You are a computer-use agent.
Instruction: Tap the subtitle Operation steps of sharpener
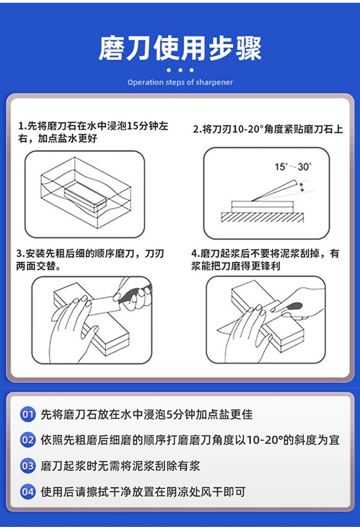tap(180, 82)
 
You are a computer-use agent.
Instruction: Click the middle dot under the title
tap(180, 70)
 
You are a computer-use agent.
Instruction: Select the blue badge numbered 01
tap(28, 414)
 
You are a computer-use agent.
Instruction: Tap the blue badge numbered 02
tap(28, 440)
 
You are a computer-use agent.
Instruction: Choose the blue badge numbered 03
tap(28, 465)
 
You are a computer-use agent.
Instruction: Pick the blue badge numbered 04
tap(28, 492)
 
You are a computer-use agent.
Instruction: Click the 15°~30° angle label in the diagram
tap(293, 167)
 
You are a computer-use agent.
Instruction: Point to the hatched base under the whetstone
tap(262, 217)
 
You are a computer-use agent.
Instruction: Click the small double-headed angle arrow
tap(302, 187)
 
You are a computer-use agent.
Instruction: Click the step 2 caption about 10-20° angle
tap(268, 129)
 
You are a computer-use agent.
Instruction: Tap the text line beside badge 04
tap(143, 492)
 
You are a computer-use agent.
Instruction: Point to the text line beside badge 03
tap(120, 466)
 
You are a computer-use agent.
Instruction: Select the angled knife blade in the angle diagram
tap(274, 191)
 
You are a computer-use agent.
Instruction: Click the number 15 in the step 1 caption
tap(133, 126)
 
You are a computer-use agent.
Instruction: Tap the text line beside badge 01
tap(146, 414)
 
